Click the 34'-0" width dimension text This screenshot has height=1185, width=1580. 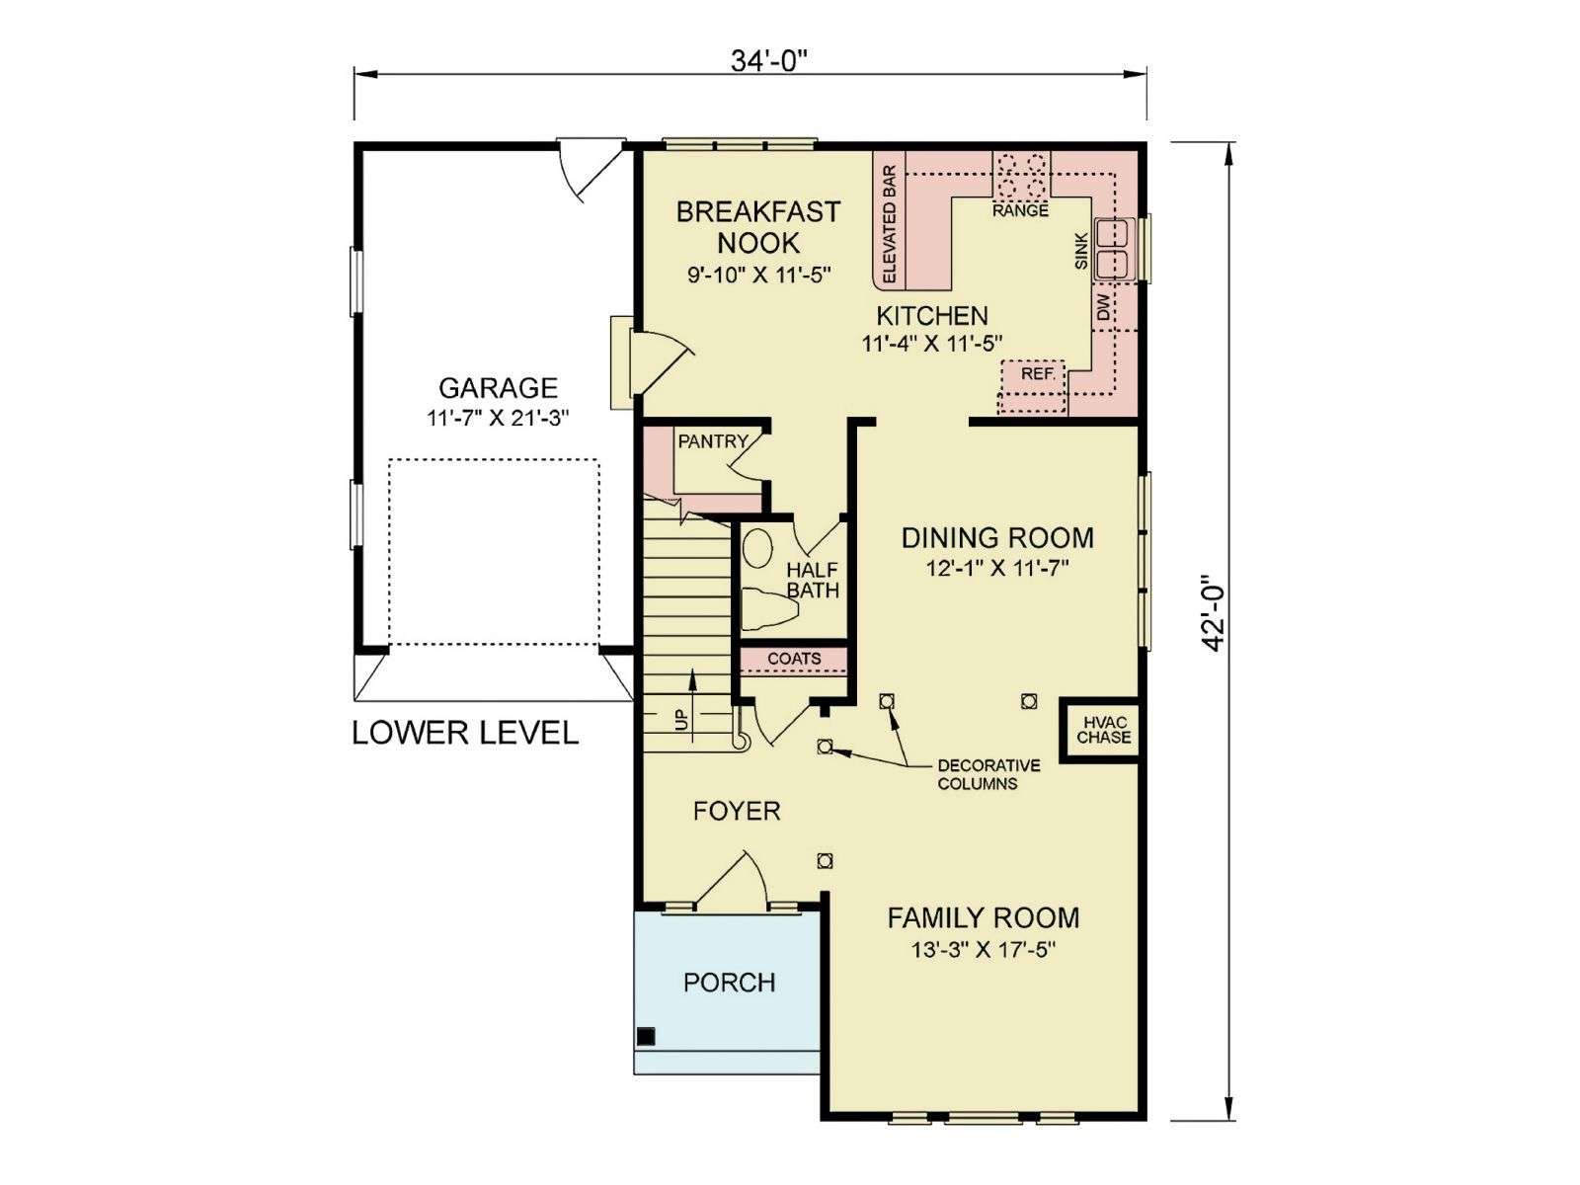point(768,62)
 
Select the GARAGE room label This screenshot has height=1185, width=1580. point(498,388)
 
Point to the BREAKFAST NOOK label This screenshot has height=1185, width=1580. point(758,227)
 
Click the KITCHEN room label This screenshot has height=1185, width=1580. point(932,315)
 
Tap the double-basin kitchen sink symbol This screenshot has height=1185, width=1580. point(1114,249)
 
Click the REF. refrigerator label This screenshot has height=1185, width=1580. point(1038,374)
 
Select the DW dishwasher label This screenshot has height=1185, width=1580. point(1103,309)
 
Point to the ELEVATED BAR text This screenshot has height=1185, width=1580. point(889,224)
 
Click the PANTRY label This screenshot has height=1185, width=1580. point(713,441)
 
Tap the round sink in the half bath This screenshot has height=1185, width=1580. point(756,550)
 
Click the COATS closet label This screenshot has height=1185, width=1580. point(794,659)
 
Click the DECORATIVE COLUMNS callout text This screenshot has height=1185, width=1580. point(988,774)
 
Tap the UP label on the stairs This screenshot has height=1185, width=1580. point(681,719)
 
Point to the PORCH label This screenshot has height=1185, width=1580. point(729,983)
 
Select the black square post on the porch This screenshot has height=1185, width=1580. point(647,1036)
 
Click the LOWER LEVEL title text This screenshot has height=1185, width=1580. point(465,733)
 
